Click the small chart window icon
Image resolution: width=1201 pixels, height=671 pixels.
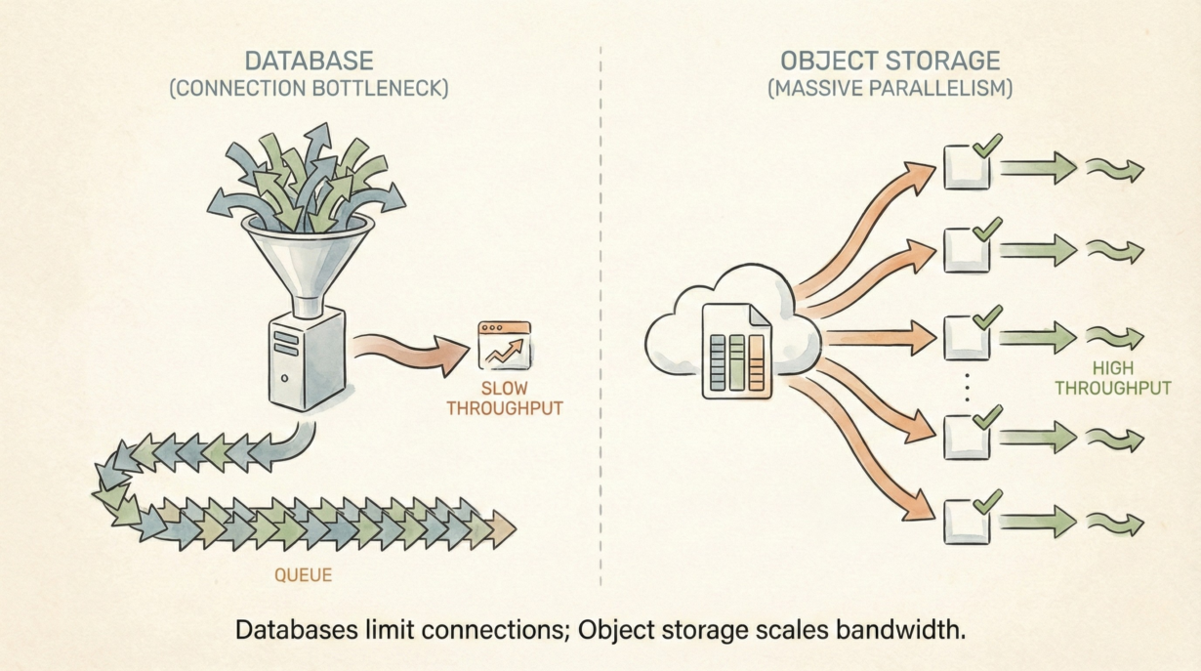coord(504,346)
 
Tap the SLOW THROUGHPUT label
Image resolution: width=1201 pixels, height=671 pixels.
coord(504,398)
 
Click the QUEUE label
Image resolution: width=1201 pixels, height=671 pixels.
coord(303,575)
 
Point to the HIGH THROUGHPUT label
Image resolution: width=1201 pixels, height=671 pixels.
coord(1125,378)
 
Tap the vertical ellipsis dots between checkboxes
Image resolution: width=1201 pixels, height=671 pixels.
coord(967,387)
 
